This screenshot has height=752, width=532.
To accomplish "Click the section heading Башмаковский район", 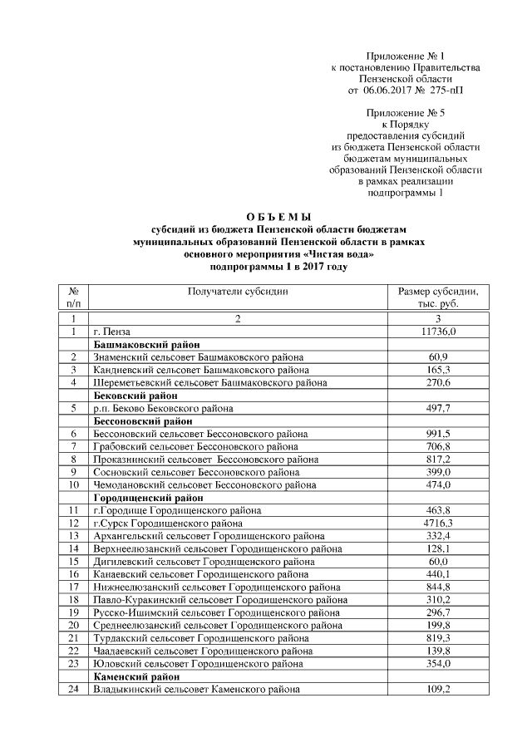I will (x=149, y=344).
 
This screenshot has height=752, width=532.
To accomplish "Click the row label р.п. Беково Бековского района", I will (x=163, y=409).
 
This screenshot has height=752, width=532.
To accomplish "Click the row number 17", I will (x=73, y=587).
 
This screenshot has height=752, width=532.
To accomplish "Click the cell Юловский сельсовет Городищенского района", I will (x=204, y=664).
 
